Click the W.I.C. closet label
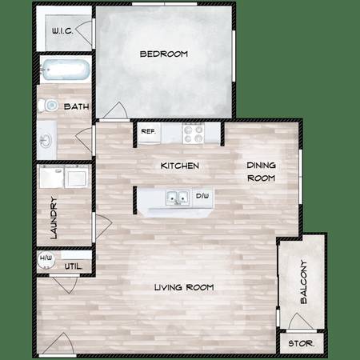pos(62,30)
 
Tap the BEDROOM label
pos(164,54)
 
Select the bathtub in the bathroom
pos(65,70)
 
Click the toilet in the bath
pos(48,106)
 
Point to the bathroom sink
pos(46,140)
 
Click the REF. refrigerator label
pos(148,131)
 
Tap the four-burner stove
pos(194,133)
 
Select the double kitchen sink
pos(178,198)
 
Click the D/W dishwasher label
pos(202,196)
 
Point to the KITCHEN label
pos(180,166)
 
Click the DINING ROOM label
pos(261,171)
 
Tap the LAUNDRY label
pos(54,218)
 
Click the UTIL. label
pos(74,266)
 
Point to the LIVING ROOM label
pos(184,287)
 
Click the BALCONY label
pos(304,282)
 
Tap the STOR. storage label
pos(301,343)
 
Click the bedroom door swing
pos(115,110)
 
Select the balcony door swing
pos(301,322)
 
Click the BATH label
pos(77,106)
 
